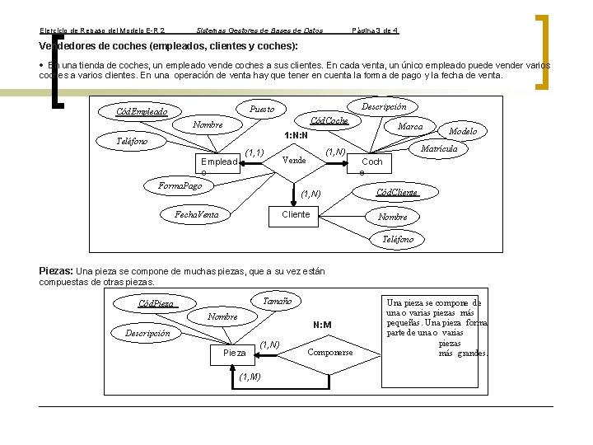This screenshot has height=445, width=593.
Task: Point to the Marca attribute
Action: (x=410, y=127)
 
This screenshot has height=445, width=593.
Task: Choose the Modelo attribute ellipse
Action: (x=463, y=132)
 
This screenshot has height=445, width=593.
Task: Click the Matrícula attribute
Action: (x=439, y=149)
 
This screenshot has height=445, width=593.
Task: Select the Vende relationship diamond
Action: (x=294, y=160)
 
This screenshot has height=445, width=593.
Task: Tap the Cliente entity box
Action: (x=296, y=214)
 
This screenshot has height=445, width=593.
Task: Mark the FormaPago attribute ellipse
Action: (x=180, y=185)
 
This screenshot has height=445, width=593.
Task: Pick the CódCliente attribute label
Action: (x=397, y=193)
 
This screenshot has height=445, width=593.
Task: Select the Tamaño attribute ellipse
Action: (x=278, y=302)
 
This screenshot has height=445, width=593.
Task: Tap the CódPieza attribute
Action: (x=156, y=303)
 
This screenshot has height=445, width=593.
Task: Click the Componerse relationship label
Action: (x=329, y=352)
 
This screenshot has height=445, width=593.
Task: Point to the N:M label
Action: (x=321, y=326)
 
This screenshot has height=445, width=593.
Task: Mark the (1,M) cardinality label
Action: (x=249, y=377)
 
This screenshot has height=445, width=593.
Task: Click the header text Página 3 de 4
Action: (x=375, y=30)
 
